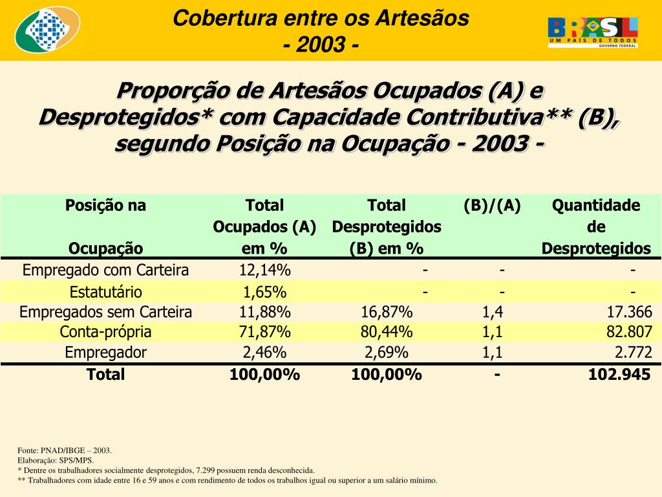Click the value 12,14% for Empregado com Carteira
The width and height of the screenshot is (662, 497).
coord(264,270)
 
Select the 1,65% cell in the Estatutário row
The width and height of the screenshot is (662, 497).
coord(264,291)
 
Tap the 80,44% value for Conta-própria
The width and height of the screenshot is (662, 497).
coord(387,332)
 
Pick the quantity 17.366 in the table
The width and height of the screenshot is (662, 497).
coord(629,312)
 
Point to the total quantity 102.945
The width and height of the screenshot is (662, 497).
coord(619,374)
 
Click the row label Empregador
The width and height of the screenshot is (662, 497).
coord(105,353)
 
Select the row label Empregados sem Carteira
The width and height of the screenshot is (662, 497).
coord(105,312)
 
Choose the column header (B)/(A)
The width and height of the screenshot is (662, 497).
coord(492,206)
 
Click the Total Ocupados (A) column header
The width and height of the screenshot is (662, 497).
coord(264,226)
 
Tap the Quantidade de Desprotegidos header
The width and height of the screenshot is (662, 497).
coord(595,226)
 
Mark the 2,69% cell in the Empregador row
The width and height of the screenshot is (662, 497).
coord(387,353)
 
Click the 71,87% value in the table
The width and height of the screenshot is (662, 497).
coord(264,332)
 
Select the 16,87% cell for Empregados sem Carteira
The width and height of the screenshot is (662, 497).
coord(387,312)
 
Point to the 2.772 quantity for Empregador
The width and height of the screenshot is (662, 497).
coord(633,353)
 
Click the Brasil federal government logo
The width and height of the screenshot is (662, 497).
coord(593,32)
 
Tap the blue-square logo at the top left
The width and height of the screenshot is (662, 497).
coord(47,30)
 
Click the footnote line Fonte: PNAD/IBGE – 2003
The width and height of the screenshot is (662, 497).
coord(65,450)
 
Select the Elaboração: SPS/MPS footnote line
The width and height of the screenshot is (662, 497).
coord(56,460)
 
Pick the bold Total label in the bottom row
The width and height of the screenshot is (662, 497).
coord(105,374)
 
